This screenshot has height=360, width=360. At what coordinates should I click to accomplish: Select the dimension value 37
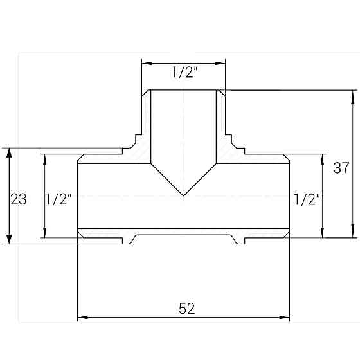tap(341, 168)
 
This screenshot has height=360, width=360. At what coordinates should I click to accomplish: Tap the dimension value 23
tap(19, 199)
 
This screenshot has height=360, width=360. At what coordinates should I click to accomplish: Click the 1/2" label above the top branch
tap(184, 73)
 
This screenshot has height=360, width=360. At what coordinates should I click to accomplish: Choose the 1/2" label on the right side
tap(306, 199)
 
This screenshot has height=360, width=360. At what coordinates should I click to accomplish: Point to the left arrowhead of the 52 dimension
tap(82, 317)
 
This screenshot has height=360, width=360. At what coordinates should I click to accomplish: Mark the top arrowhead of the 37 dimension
tap(353, 94)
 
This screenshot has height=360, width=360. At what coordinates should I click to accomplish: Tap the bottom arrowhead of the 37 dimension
tap(353, 233)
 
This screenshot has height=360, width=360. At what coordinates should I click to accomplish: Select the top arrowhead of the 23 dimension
tap(8, 152)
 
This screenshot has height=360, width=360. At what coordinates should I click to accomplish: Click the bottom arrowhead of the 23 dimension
tap(8, 240)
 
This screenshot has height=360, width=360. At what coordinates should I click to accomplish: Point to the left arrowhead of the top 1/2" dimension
tap(146, 63)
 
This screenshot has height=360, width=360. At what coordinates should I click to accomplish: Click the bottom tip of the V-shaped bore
tap(184, 195)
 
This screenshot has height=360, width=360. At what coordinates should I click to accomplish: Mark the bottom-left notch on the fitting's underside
tap(127, 240)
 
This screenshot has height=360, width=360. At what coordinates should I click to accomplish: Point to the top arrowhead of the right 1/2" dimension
tap(322, 158)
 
